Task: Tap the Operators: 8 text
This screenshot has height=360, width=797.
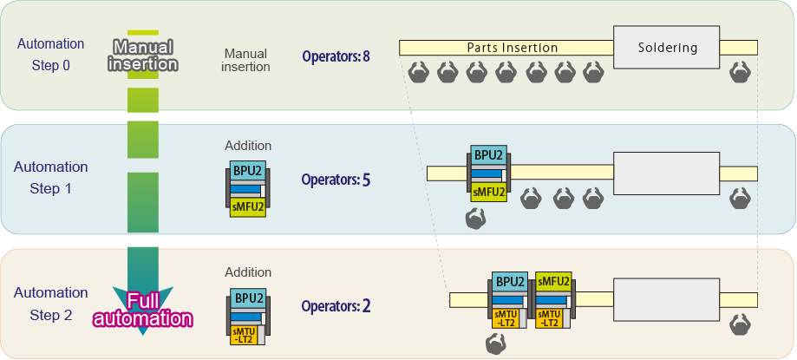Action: (x=336, y=57)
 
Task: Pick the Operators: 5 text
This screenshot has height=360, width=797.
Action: (x=336, y=180)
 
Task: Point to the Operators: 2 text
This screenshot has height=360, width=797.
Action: (x=336, y=306)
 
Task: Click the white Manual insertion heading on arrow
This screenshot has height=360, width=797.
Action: (x=144, y=55)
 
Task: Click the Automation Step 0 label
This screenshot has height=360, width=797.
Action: (x=51, y=54)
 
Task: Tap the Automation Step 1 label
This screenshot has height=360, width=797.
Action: (x=51, y=177)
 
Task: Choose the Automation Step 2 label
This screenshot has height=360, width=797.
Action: (x=51, y=304)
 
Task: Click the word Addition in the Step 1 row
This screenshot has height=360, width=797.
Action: (x=248, y=146)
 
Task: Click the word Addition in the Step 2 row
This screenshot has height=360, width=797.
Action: (x=248, y=272)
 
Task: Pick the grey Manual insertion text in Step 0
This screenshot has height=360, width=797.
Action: (x=245, y=60)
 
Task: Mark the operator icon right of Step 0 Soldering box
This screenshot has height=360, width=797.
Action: (x=739, y=72)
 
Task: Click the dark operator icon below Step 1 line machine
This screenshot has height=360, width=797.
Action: (x=476, y=220)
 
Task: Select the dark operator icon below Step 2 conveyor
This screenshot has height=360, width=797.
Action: (x=495, y=344)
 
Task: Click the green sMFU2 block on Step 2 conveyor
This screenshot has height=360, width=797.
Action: (x=553, y=282)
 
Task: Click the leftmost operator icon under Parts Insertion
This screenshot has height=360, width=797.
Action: (x=418, y=72)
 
